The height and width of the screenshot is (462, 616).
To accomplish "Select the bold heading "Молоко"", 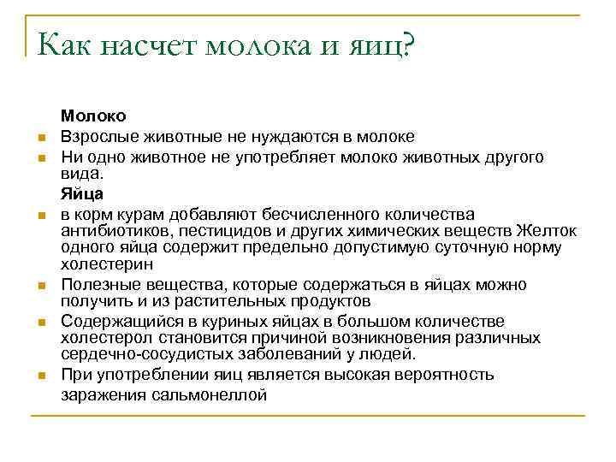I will [93, 115].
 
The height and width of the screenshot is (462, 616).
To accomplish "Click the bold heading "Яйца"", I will [82, 193].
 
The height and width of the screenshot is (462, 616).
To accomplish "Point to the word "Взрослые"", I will [98, 137].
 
